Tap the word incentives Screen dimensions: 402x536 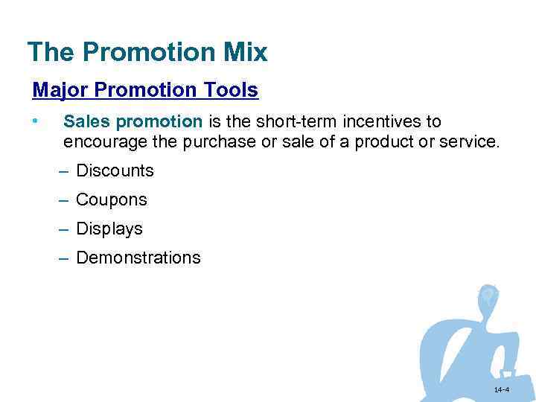coord(383,121)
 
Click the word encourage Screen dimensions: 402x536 coord(100,141)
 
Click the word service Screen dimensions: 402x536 coord(468,141)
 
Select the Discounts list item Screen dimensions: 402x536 coord(115,170)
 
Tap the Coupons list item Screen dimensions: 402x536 coord(112,200)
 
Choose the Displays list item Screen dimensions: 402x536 coord(109,229)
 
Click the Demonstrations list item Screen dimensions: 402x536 coord(138,258)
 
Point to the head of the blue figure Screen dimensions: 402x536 coord(488,296)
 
